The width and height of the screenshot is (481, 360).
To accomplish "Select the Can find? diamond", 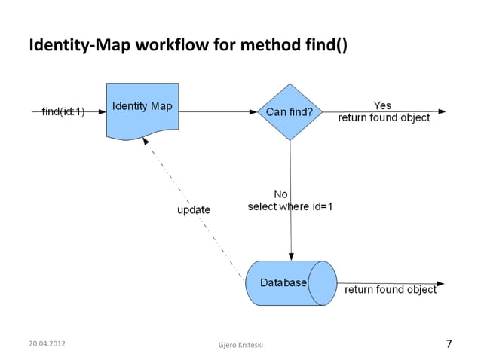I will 290,112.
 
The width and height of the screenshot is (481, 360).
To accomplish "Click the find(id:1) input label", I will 63,111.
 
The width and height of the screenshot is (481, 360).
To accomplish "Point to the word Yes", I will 382,105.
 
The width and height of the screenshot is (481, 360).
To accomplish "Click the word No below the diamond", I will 280,194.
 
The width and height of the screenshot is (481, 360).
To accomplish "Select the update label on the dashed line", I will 194,209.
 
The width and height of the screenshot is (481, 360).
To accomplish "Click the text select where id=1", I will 290,206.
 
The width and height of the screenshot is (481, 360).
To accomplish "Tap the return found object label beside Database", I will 391,289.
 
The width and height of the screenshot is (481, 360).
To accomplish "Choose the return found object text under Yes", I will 384,117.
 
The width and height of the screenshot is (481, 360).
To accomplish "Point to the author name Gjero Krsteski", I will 239,345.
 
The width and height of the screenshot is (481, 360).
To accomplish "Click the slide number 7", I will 449,344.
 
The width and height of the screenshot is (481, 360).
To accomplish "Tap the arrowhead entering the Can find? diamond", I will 253,111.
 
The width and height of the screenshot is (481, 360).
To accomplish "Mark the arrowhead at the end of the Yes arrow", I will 442,111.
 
